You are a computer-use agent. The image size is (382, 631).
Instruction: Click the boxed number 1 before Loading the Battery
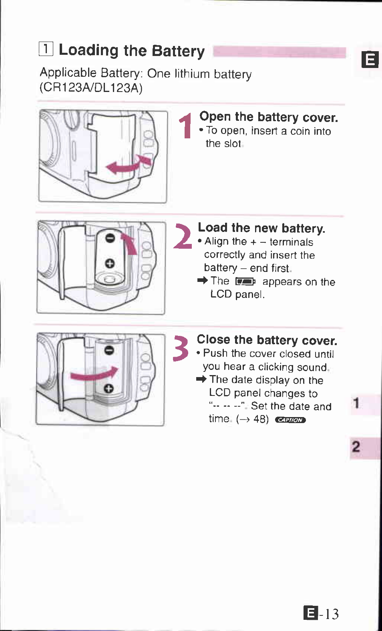coord(46,49)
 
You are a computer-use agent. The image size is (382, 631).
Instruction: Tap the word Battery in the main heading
coord(178,51)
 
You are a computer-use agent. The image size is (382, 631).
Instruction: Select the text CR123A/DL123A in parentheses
coord(91,88)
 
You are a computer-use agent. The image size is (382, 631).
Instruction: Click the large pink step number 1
coord(186,126)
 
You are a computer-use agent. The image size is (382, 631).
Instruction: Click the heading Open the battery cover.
coord(268,117)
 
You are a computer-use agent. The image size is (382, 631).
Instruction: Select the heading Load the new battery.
coord(261,228)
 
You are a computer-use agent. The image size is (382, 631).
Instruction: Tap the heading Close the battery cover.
coord(267,340)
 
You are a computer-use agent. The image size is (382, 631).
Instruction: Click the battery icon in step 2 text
coord(245,282)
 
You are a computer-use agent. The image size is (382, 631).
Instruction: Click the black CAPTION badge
coord(290,420)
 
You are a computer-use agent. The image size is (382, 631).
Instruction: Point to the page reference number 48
coord(261,419)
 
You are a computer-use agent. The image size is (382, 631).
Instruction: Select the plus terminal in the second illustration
coord(110,263)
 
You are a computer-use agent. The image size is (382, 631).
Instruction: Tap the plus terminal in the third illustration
coord(109,388)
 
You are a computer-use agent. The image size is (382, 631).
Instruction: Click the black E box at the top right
coord(370,60)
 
